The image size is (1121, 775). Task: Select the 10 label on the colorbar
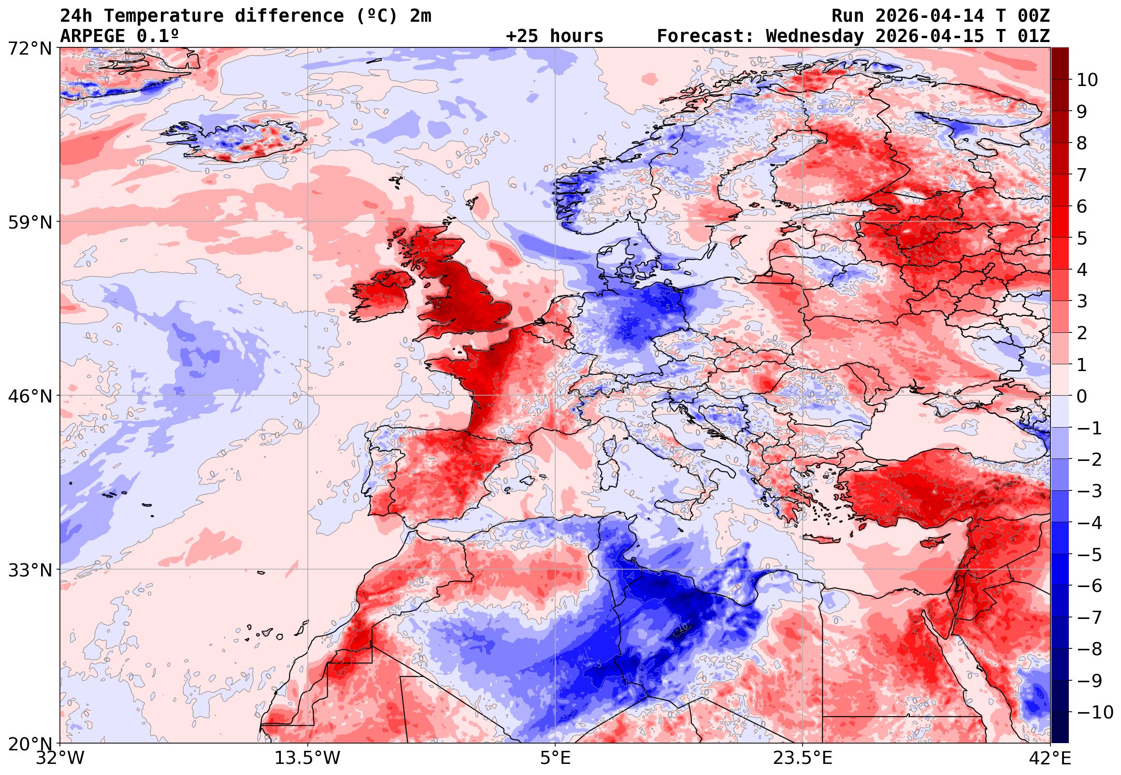[x=1087, y=80]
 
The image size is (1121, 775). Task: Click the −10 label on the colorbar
[x=1095, y=712]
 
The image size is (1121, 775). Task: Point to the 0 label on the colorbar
[x=1082, y=396]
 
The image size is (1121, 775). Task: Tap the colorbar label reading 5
[x=1082, y=238]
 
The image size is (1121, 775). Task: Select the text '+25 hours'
[x=554, y=36]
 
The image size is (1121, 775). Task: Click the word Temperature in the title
[x=163, y=16]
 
